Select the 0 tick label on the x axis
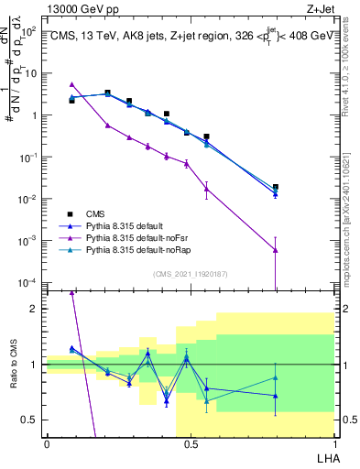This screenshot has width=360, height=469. [46, 443]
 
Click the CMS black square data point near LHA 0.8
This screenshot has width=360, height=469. [276, 187]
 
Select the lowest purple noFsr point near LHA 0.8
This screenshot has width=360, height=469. [276, 250]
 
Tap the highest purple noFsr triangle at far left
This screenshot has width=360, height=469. [72, 84]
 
